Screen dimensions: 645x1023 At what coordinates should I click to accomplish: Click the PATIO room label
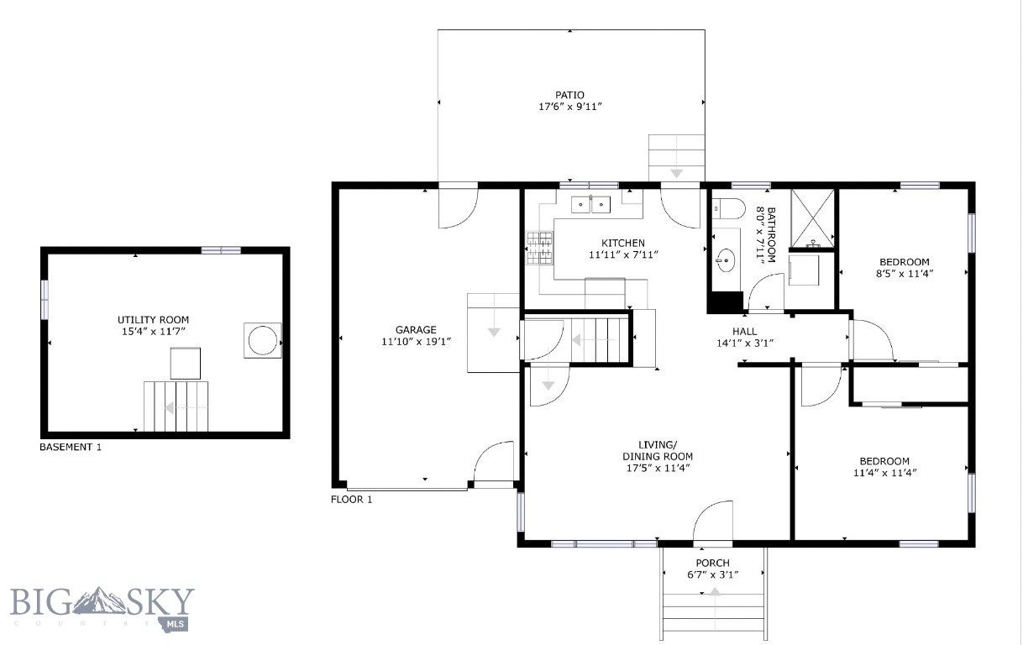pos(569,95)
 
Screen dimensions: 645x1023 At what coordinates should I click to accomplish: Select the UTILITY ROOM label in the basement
pos(153,320)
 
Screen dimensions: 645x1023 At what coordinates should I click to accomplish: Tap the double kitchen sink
pos(591,204)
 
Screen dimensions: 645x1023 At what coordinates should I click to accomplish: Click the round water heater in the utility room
pos(262,341)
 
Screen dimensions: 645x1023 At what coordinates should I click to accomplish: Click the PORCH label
pos(712,563)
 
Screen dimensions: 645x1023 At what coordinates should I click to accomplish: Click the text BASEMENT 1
pos(71,448)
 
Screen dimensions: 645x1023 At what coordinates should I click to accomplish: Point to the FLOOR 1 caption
pos(352,500)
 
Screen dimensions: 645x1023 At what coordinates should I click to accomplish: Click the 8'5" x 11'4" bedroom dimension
pos(905,273)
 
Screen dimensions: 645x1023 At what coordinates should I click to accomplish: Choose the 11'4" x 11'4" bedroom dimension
pos(884,473)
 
